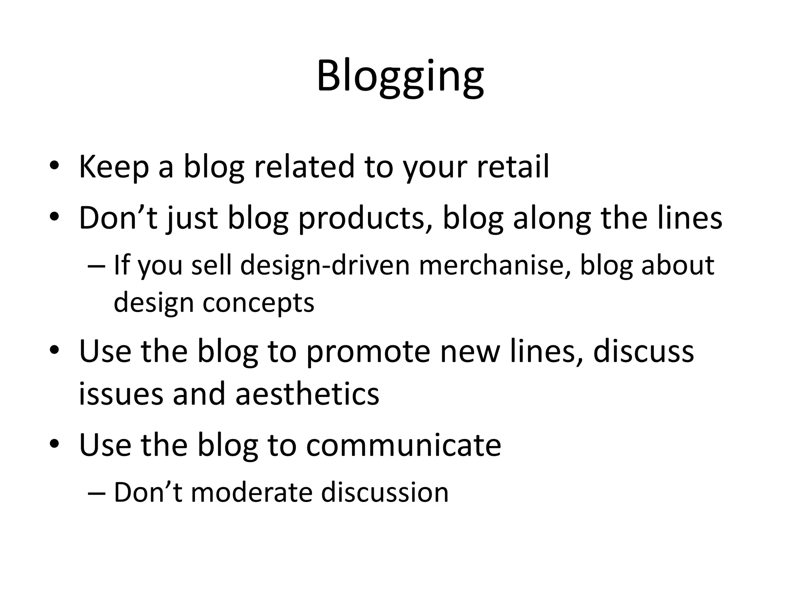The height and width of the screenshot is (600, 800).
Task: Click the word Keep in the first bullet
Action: click(114, 167)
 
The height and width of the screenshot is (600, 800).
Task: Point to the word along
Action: click(552, 219)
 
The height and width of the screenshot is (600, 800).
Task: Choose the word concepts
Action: click(258, 303)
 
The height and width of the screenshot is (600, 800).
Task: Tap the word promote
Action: click(368, 352)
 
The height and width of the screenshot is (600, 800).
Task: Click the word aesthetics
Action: click(307, 394)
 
